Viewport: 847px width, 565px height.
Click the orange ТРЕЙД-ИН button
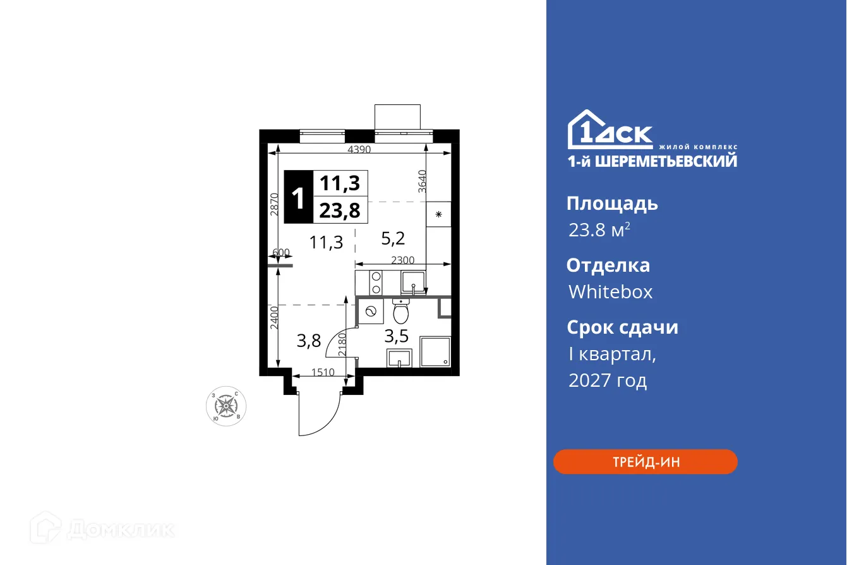tap(645, 462)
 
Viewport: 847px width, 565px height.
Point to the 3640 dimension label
tap(423, 181)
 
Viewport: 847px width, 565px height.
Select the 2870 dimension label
tap(274, 204)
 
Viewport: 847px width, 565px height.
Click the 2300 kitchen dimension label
tap(402, 259)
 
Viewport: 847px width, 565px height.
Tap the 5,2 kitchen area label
tap(393, 238)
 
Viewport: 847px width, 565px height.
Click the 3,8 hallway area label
tap(309, 341)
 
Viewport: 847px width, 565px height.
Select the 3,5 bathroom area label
tap(397, 336)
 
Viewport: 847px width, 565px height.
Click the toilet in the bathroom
tap(401, 310)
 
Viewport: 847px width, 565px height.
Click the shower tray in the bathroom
tap(435, 351)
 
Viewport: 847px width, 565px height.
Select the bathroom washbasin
tap(399, 358)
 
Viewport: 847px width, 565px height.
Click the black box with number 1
tap(298, 197)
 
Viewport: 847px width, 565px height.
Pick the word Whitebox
tap(610, 292)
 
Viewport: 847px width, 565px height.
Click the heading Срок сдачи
tap(622, 327)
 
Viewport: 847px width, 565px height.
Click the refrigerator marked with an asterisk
tap(438, 214)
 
